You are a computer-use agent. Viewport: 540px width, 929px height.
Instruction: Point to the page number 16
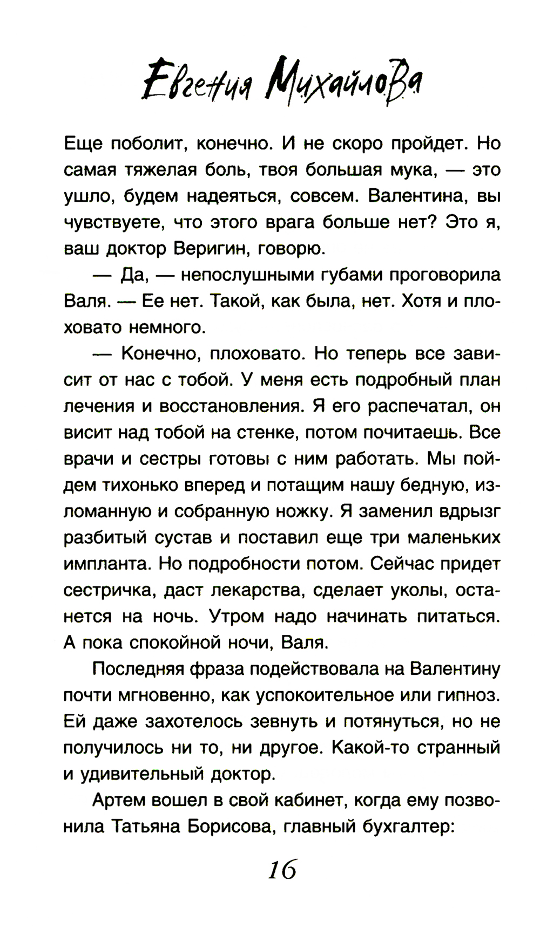click(x=282, y=869)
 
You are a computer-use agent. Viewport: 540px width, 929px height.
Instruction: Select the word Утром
click(x=237, y=616)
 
